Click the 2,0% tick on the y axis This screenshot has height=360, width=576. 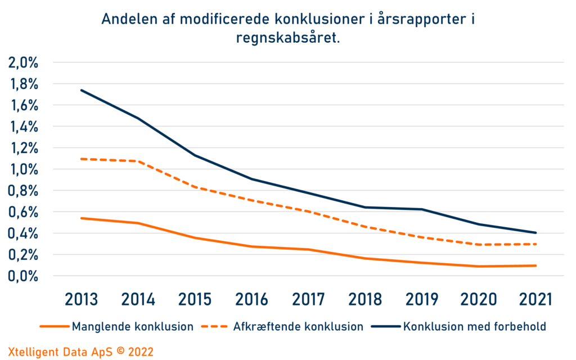click(23, 62)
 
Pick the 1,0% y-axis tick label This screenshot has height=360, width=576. click(23, 169)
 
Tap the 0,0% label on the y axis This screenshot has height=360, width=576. click(23, 276)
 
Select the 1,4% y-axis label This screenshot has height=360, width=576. click(23, 127)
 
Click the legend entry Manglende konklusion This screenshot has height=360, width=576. click(133, 326)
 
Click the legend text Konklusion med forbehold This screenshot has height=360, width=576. click(475, 326)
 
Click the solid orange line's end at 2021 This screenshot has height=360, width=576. click(535, 265)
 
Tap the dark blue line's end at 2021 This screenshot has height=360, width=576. click(535, 233)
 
